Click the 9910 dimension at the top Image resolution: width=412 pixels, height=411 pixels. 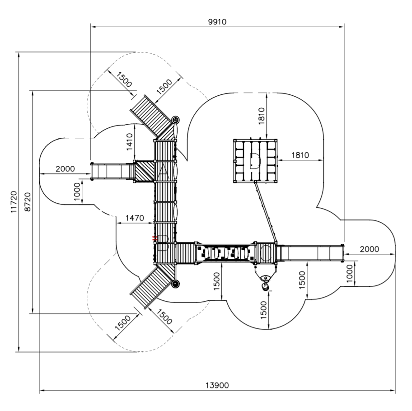coord(217,22)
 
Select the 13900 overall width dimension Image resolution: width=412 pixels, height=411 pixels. coord(217,385)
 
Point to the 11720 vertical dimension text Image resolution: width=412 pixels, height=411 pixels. coord(14,202)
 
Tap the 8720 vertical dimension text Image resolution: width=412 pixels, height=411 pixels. coord(27,202)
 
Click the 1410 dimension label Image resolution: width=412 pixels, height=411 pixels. coord(129,142)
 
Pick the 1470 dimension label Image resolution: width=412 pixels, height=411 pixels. coord(135,218)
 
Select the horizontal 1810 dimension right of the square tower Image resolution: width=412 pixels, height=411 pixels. coord(300,155)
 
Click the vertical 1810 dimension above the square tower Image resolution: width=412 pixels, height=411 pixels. coord(261,116)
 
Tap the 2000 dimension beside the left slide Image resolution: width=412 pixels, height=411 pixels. coord(65,169)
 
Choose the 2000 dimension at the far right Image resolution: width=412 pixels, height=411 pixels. coord(369,249)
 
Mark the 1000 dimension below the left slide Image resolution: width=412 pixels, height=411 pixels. coord(77,191)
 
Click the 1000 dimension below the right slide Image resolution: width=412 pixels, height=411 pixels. coord(349,273)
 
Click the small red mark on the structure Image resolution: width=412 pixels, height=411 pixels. coord(155,238)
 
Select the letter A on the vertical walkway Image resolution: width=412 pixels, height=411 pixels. coord(164,170)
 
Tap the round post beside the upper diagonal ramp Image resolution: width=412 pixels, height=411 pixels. coord(176,120)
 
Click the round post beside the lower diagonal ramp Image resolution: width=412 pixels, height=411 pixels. coord(176,284)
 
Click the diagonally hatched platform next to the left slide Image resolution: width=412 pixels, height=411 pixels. coord(144,172)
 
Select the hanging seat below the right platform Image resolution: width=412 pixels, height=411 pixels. coord(265,283)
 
